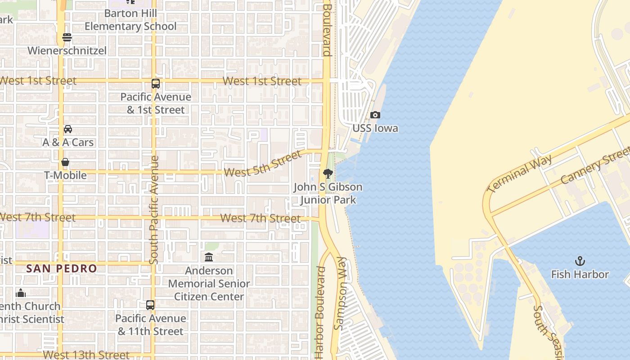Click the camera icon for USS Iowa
coord(375,115)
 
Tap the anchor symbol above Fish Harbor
coord(580,261)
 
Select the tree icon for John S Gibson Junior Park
coord(328,174)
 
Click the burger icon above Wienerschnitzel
coord(67,37)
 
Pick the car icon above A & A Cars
coord(68,129)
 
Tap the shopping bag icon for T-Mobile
coord(65,162)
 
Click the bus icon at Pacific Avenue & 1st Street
coord(155,84)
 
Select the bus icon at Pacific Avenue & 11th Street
coord(150,305)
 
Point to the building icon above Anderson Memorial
coord(209,257)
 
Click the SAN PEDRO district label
coord(62,269)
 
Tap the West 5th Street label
coord(262,164)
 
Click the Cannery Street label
coord(595,167)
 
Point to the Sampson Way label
coord(342,293)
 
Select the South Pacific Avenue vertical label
coord(154,210)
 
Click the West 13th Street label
coord(86,355)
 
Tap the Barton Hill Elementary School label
coord(130,20)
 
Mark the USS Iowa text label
coord(375,128)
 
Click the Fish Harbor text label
coord(580,274)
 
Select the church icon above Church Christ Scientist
coord(21,293)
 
